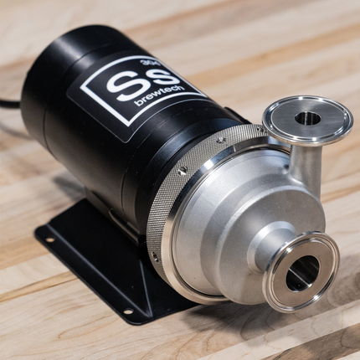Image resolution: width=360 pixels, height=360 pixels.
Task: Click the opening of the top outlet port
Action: click(x=308, y=117)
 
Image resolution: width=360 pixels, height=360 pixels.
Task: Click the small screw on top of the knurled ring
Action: click(x=219, y=140)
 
